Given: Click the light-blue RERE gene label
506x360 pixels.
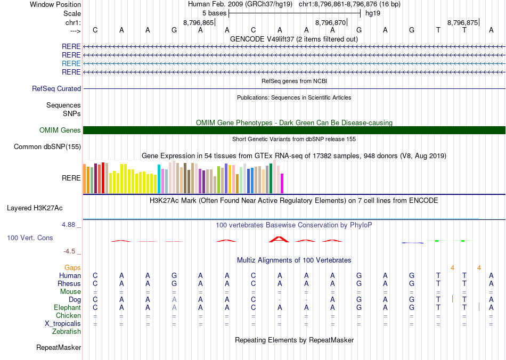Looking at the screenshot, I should pyautogui.click(x=71, y=63).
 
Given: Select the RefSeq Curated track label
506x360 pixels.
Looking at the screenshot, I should pyautogui.click(x=56, y=89).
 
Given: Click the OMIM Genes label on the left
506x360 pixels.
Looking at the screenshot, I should pyautogui.click(x=60, y=130).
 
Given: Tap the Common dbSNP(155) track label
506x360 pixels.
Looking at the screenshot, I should pyautogui.click(x=47, y=147).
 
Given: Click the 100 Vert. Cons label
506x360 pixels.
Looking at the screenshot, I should pyautogui.click(x=30, y=238).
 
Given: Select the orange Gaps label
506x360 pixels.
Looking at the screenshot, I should pyautogui.click(x=73, y=267).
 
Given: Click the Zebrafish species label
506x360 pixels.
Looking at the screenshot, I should pyautogui.click(x=67, y=332).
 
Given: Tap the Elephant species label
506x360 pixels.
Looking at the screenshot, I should pyautogui.click(x=68, y=308).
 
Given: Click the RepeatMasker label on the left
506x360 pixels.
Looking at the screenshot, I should pyautogui.click(x=59, y=348).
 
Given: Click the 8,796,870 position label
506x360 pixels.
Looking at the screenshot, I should pyautogui.click(x=331, y=23).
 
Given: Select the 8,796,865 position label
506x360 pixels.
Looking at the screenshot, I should pyautogui.click(x=198, y=23).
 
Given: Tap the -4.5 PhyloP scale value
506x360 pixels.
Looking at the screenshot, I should pyautogui.click(x=71, y=251).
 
